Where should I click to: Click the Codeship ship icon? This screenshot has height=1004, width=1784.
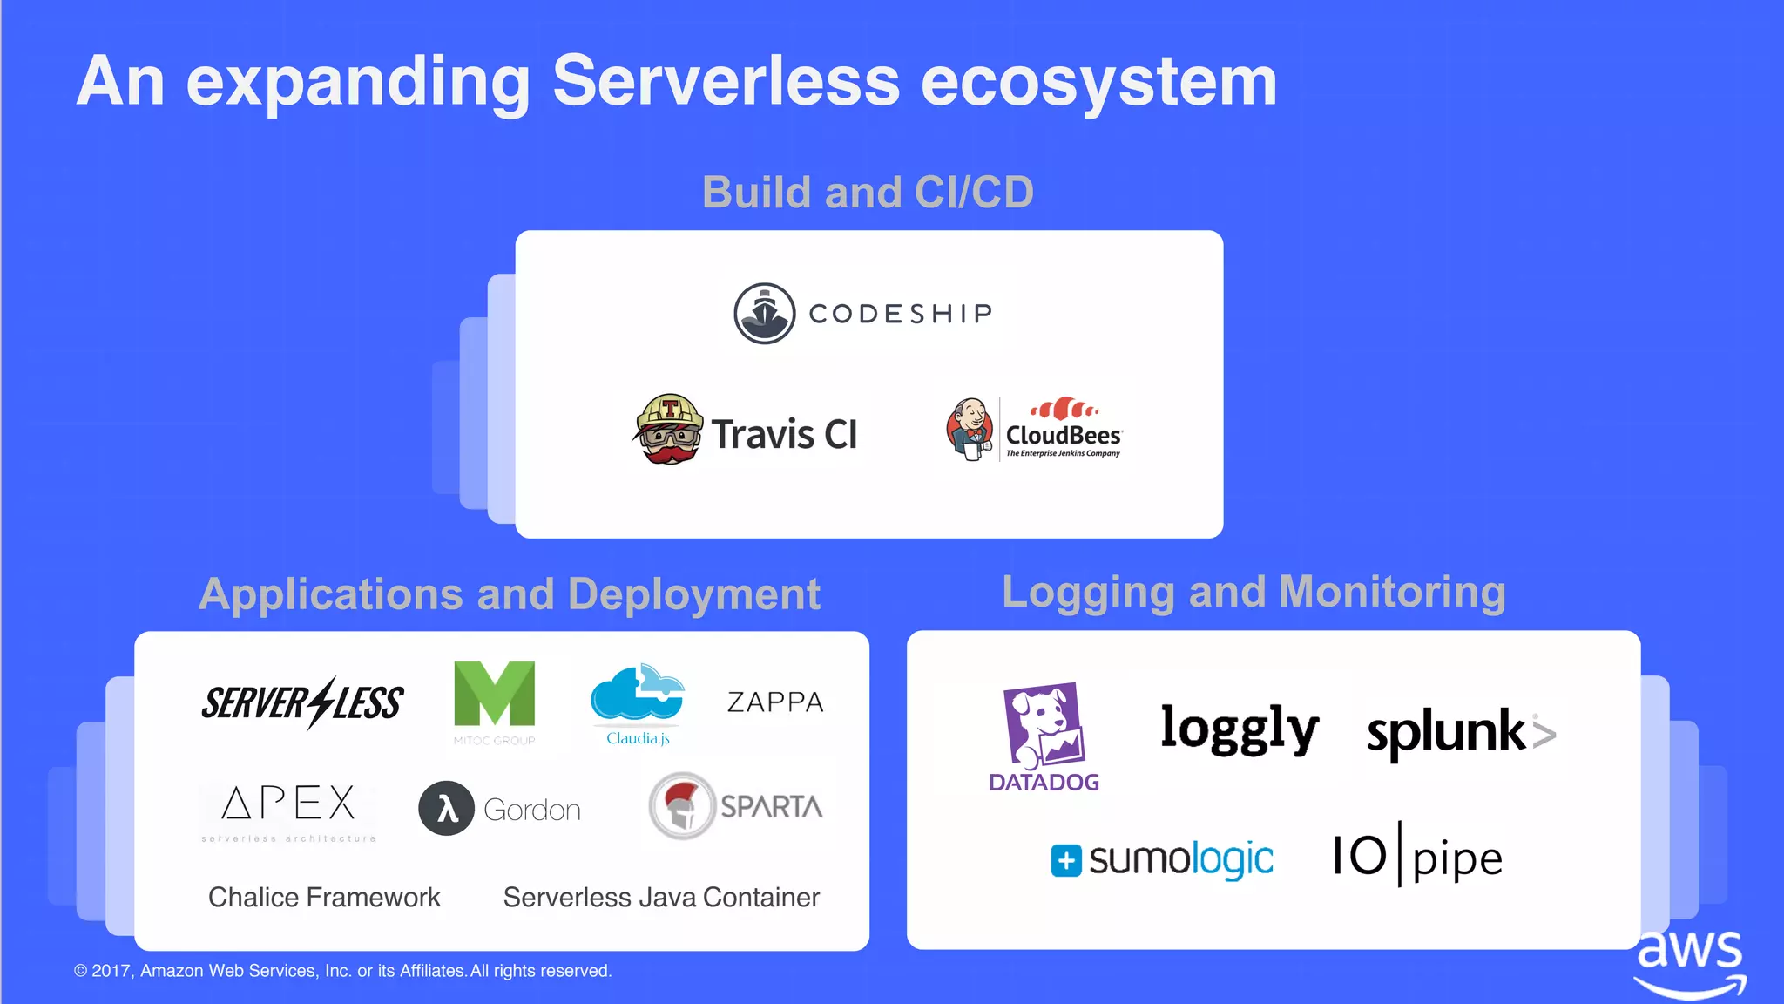coord(764,314)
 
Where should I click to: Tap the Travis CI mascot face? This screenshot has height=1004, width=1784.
coord(668,430)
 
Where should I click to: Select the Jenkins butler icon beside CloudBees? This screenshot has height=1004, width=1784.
coord(970,429)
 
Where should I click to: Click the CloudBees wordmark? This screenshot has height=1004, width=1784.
coord(1064,435)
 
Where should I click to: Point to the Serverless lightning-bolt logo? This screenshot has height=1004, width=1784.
coord(302,702)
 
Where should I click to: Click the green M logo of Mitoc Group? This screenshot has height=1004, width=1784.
coord(494,694)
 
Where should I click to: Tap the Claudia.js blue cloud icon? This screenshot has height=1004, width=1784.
coord(637,694)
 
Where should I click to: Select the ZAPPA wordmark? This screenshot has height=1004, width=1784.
coord(775,702)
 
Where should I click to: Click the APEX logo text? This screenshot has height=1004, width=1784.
coord(288,804)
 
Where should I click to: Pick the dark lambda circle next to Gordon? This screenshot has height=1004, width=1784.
coord(446,809)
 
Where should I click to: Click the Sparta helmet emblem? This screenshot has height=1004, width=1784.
coord(682,806)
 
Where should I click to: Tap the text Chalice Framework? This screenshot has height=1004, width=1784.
coord(324,897)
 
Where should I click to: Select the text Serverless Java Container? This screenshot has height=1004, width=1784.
coord(661,897)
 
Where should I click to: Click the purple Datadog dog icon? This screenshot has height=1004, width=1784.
coord(1044,725)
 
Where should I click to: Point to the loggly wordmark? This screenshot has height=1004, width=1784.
coord(1240,729)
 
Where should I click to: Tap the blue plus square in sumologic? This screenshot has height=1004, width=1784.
coord(1065,860)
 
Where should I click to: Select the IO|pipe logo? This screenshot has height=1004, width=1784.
coord(1417,856)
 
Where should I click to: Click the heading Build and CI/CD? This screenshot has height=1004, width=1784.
coord(868,192)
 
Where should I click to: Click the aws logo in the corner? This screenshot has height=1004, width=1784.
coord(1690,963)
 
